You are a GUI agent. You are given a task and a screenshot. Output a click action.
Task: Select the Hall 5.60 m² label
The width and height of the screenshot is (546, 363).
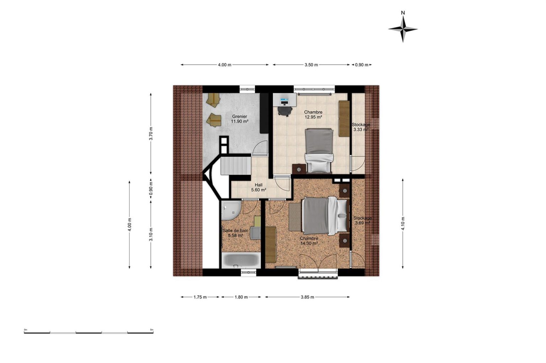click(258, 187)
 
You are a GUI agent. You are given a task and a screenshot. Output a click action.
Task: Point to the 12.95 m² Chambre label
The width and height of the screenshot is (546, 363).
click(313, 114)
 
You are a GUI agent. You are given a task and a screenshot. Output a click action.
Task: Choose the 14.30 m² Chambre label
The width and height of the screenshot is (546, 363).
click(309, 241)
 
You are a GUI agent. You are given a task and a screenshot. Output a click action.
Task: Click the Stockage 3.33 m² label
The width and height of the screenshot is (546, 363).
click(361, 127)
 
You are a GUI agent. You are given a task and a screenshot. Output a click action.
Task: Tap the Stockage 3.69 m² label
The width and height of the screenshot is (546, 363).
click(363, 220)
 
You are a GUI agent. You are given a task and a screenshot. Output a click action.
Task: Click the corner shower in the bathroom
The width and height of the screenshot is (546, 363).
click(231, 210)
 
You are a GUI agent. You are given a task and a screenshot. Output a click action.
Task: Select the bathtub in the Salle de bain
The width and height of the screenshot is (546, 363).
click(241, 260)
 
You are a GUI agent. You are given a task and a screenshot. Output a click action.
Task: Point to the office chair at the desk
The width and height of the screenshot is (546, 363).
click(285, 111)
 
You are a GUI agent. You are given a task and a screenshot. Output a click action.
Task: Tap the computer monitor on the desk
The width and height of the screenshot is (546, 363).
click(284, 100)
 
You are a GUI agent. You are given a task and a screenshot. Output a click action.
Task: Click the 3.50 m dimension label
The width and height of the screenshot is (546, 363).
click(311, 65)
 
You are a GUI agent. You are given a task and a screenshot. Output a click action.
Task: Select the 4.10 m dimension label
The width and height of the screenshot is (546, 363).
click(403, 223)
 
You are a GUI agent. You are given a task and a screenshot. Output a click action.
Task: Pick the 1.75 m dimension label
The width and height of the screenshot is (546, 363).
click(200, 297)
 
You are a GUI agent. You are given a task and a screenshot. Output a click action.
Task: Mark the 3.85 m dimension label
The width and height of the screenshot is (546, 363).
click(307, 297)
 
